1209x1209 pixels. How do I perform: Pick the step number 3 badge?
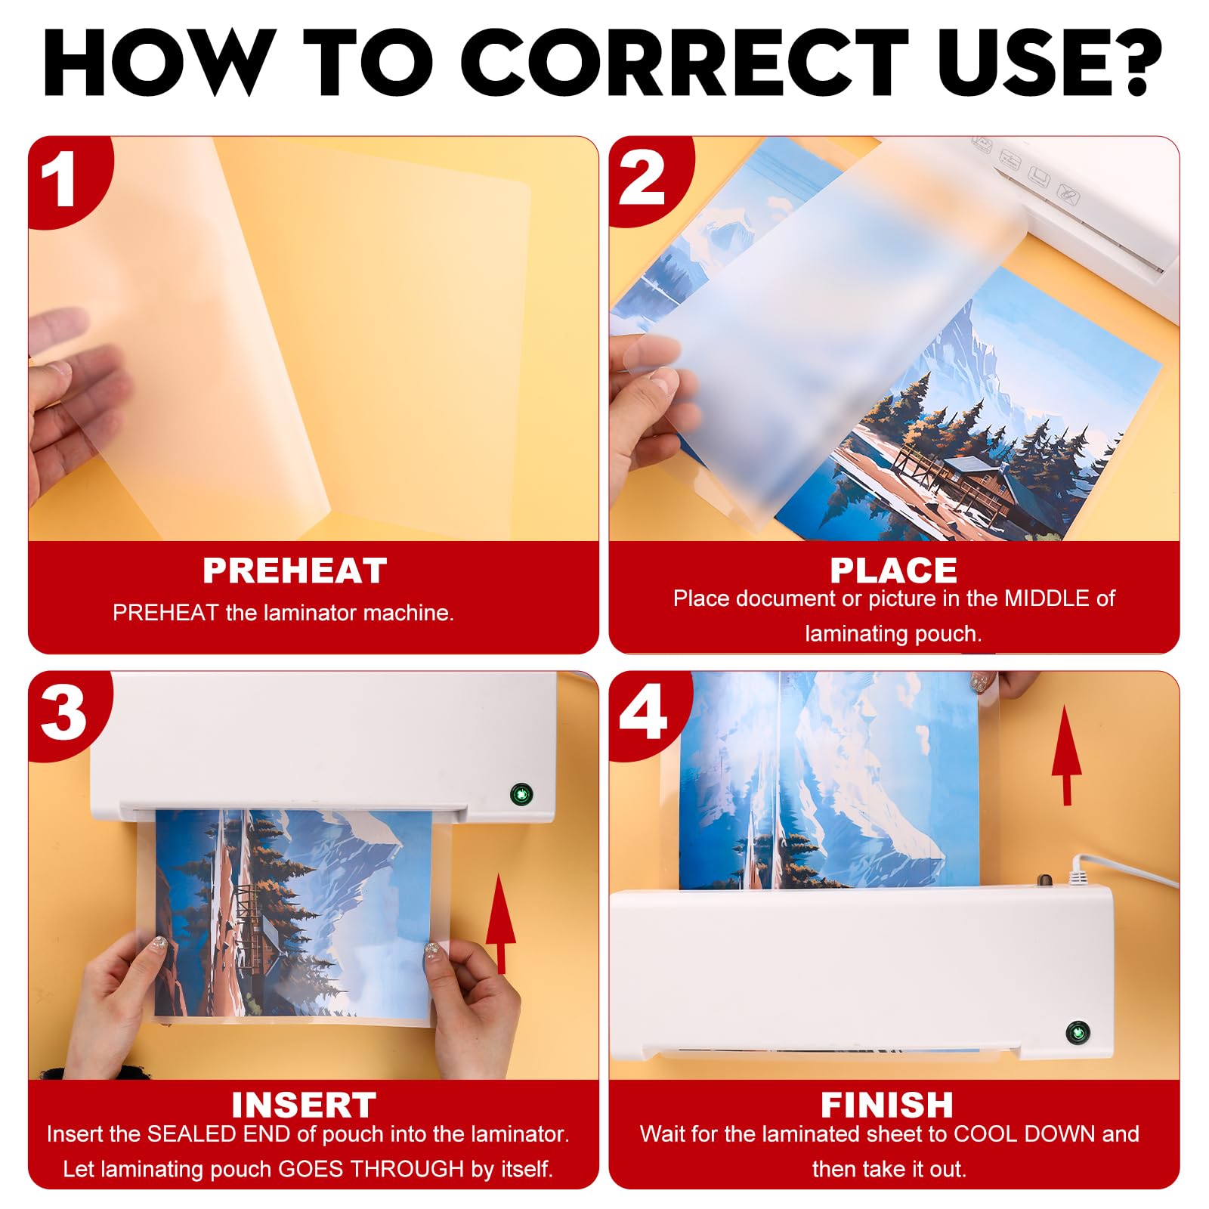click(63, 714)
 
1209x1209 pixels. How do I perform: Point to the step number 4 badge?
click(643, 713)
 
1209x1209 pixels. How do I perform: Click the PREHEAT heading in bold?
click(295, 570)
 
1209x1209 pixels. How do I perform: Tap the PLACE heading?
click(893, 570)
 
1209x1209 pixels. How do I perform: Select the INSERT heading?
click(304, 1105)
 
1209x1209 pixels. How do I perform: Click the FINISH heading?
click(887, 1105)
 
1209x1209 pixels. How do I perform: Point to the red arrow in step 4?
click(1066, 756)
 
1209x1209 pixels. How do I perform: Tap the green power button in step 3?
click(521, 794)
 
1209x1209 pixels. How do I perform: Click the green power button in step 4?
click(1078, 1032)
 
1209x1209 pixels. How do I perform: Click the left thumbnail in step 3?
click(159, 944)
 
